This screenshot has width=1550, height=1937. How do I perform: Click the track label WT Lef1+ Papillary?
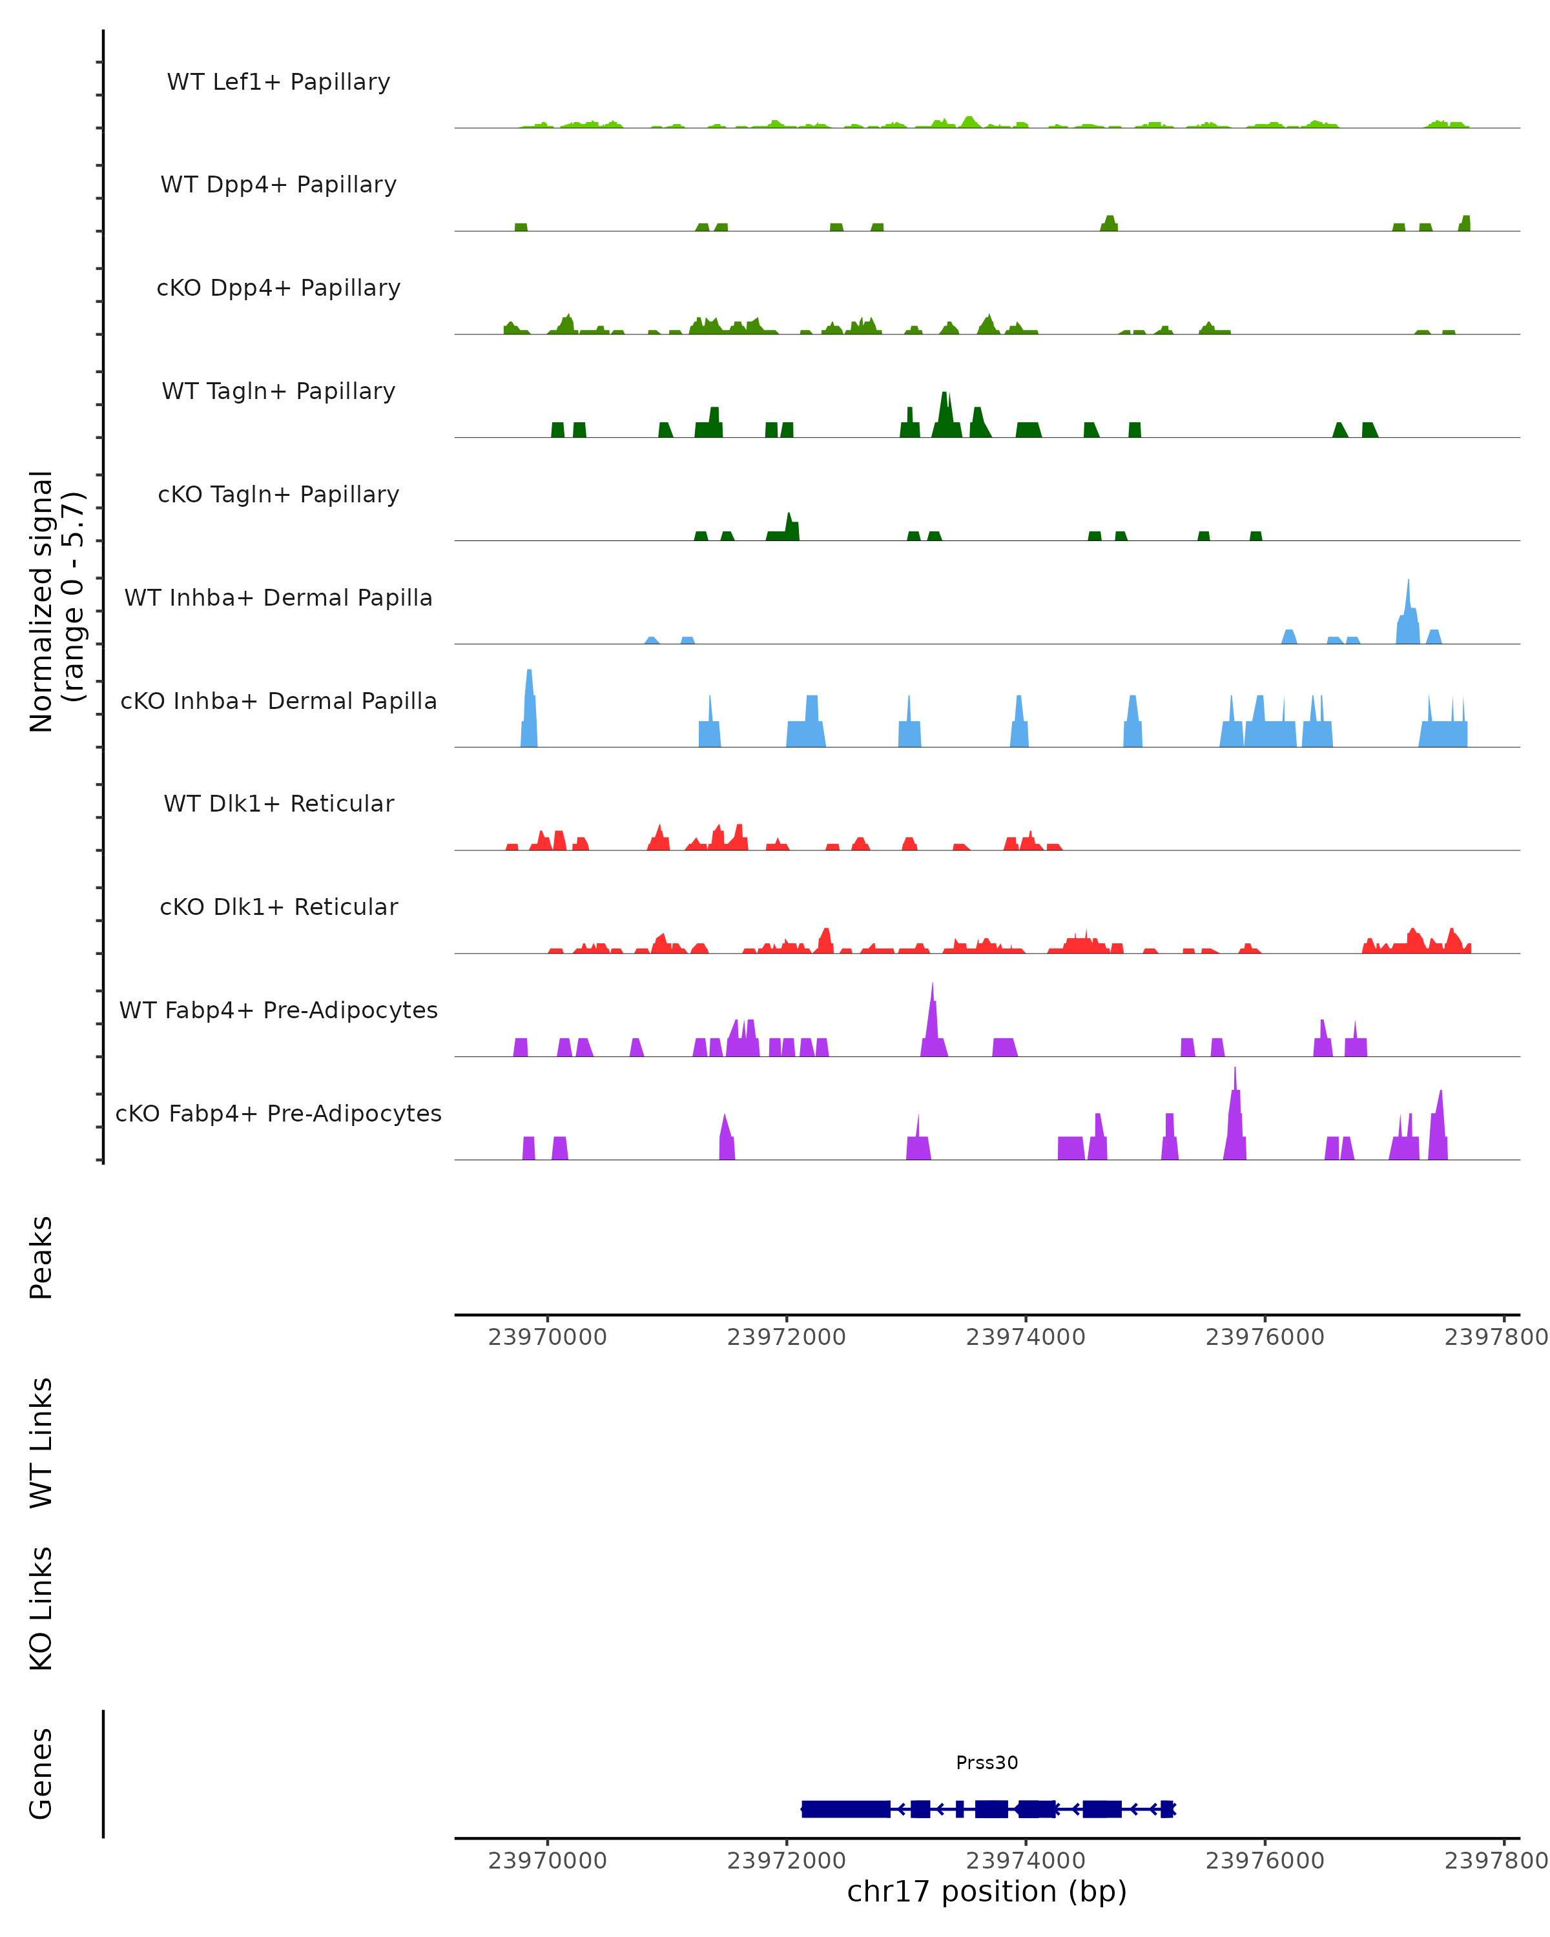(278, 82)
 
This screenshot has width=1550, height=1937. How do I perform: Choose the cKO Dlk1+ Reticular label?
(278, 907)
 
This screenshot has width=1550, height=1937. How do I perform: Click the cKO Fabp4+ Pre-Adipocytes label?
(278, 1113)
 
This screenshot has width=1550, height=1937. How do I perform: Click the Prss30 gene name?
(987, 1762)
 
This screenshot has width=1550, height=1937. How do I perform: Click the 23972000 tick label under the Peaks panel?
(786, 1337)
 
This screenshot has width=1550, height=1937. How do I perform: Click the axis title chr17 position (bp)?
(987, 1891)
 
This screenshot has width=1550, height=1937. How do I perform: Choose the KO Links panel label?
(41, 1608)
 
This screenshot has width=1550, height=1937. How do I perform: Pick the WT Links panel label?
(41, 1442)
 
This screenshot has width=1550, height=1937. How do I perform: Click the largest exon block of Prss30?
(845, 1809)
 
